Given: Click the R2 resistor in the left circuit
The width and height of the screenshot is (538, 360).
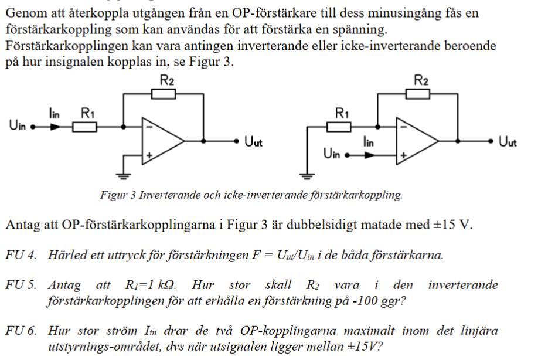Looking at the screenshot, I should click(x=164, y=94).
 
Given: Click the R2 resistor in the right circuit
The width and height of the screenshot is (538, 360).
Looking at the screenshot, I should click(x=418, y=94).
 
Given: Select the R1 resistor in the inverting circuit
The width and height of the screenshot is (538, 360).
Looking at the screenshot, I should click(x=86, y=126).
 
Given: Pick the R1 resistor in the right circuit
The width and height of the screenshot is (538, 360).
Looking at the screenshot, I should click(x=340, y=126).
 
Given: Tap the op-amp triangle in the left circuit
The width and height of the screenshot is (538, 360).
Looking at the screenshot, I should click(x=161, y=141).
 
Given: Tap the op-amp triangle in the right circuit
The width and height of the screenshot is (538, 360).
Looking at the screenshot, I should click(x=416, y=141).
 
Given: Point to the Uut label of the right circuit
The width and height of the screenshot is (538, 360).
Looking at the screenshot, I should click(x=508, y=142).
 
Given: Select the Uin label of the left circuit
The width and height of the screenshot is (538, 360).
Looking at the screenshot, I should click(x=17, y=125).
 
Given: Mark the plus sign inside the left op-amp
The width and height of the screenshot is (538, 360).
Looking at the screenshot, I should click(x=149, y=155).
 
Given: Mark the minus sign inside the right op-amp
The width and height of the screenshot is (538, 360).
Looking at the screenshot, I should click(x=403, y=126).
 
